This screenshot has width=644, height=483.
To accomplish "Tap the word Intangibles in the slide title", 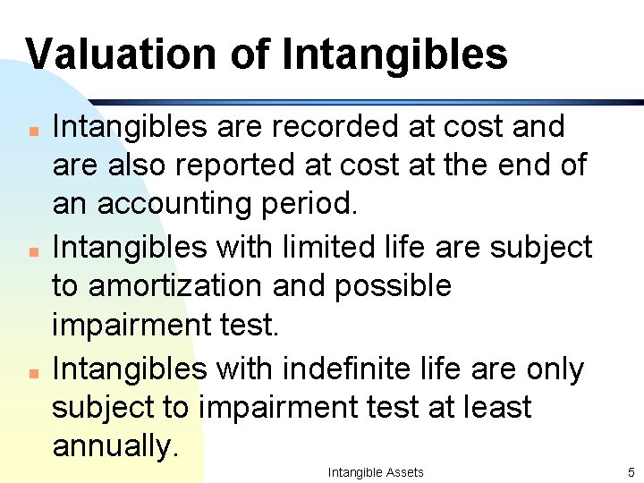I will tap(394, 54).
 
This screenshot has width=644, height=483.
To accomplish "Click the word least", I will tap(499, 407).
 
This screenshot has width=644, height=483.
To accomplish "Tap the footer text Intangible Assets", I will tap(376, 472).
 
